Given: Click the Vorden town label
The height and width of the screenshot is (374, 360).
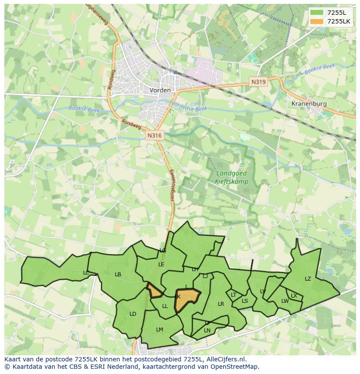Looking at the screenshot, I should click(x=160, y=90).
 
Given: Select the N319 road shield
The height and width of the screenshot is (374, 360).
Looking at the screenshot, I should click(x=258, y=81).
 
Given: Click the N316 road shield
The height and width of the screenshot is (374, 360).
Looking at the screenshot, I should click(x=154, y=136).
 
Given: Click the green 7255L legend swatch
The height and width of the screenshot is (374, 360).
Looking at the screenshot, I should click(x=317, y=13).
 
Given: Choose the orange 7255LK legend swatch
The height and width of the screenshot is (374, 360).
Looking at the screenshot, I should click(x=317, y=21).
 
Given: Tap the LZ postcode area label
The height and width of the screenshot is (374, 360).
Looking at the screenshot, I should click(x=308, y=279).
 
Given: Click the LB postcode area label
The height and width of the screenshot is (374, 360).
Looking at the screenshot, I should click(x=118, y=275).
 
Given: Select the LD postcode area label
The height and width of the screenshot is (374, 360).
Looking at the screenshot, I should click(x=133, y=314).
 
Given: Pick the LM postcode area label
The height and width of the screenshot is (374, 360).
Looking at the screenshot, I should click(x=160, y=330).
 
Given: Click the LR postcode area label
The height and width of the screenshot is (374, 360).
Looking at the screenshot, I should click(x=221, y=304).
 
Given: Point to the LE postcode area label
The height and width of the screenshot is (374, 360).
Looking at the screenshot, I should click(x=161, y=264).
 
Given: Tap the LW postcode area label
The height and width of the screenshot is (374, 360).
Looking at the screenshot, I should click(x=285, y=301).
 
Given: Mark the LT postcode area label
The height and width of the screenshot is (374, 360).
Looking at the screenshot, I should click(x=233, y=295).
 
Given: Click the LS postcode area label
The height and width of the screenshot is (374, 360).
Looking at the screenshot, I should click(x=245, y=301).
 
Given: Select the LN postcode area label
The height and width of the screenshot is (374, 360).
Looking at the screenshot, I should click(x=207, y=331).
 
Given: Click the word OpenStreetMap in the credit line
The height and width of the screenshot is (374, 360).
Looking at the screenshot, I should click(x=235, y=367).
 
